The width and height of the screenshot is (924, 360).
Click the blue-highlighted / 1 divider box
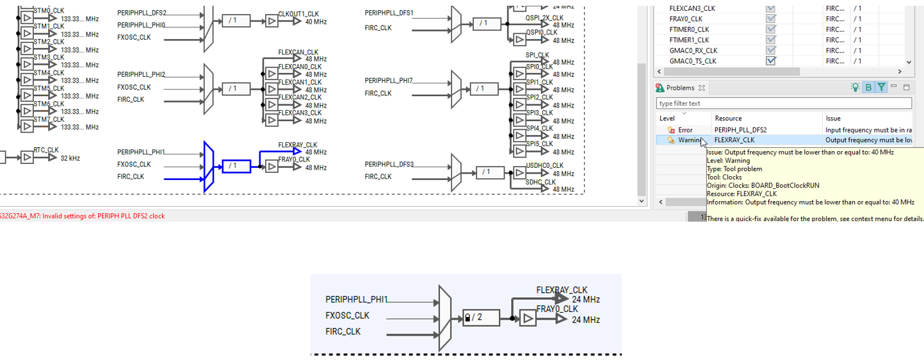236,167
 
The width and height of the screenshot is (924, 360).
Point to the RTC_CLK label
46,150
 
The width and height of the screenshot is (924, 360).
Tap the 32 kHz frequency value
70,158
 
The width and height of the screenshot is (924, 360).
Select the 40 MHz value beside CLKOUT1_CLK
316,22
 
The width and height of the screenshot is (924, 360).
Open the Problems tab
679,88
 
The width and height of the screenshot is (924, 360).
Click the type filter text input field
783,103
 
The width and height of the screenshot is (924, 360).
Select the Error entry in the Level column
685,130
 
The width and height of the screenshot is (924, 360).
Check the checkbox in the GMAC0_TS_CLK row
771,61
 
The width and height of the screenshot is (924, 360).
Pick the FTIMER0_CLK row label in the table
689,29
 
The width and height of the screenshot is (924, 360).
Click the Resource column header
728,118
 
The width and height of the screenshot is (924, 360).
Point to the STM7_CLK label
49,119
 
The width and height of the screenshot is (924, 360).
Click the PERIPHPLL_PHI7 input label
389,81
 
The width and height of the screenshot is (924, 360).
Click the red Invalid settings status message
83,216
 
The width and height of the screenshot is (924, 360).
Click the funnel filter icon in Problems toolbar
882,88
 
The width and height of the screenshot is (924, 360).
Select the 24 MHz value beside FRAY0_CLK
585,320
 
